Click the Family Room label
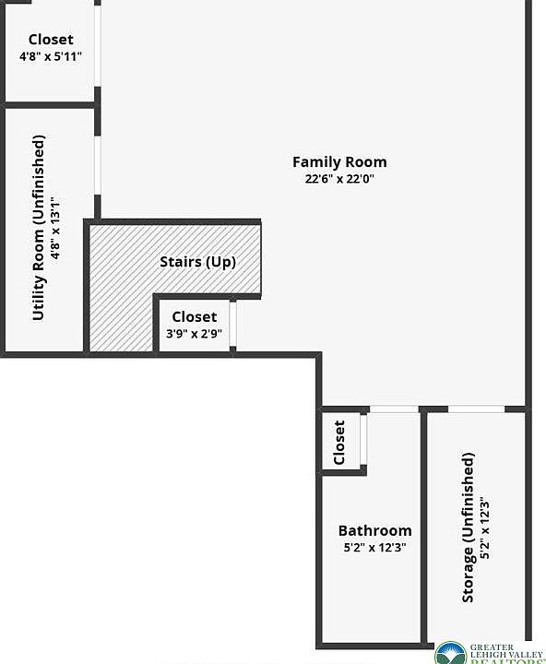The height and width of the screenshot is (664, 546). [339, 162]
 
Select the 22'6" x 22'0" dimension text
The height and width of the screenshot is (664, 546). [339, 179]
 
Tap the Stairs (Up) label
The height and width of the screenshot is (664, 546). [197, 262]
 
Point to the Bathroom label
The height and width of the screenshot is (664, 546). [374, 530]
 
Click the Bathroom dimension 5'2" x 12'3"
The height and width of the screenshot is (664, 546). [374, 548]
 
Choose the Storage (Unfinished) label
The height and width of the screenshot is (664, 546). [468, 528]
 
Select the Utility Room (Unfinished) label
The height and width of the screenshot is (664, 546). [38, 228]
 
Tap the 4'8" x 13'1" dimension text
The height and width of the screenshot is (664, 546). [55, 228]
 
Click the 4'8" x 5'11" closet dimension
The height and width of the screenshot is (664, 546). [51, 56]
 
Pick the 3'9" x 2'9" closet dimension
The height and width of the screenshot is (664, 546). [194, 334]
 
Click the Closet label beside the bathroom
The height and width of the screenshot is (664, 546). [339, 443]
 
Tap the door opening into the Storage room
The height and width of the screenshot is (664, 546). [476, 409]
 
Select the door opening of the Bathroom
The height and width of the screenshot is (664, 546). [394, 409]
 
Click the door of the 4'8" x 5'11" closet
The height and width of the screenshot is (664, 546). [98, 46]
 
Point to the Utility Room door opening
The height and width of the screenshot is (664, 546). [98, 165]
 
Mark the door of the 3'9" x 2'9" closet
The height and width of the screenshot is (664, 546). [232, 324]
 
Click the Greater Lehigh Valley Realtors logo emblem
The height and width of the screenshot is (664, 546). [450, 653]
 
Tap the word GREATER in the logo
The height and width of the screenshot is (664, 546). [492, 647]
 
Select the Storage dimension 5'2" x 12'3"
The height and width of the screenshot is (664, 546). [485, 528]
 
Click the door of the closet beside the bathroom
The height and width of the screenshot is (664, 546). [363, 440]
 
